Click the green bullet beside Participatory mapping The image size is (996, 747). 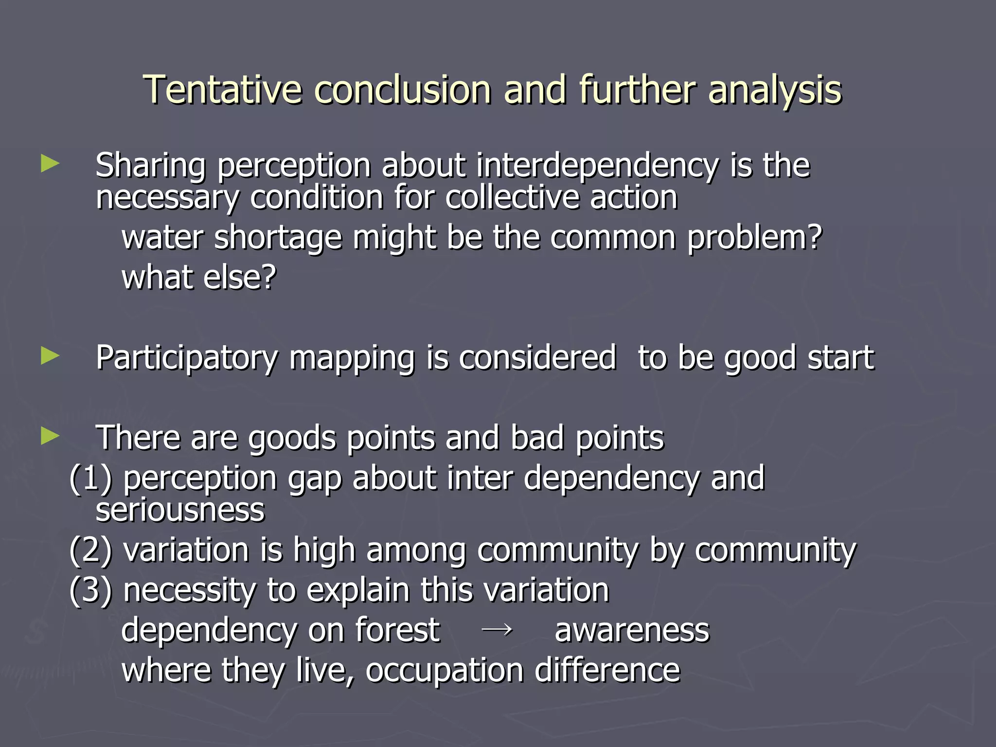tap(50, 356)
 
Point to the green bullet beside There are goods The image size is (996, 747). tap(50, 436)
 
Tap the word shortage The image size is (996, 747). tap(278, 238)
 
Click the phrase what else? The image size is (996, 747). tap(198, 277)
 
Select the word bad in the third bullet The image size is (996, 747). tap(537, 438)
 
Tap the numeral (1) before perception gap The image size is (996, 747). tap(91, 478)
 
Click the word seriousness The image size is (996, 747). tap(180, 510)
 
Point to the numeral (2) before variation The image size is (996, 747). tap(91, 551)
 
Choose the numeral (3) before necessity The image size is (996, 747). tap(91, 590)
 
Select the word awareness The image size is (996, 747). tap(632, 631)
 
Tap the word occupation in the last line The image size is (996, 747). tap(444, 671)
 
